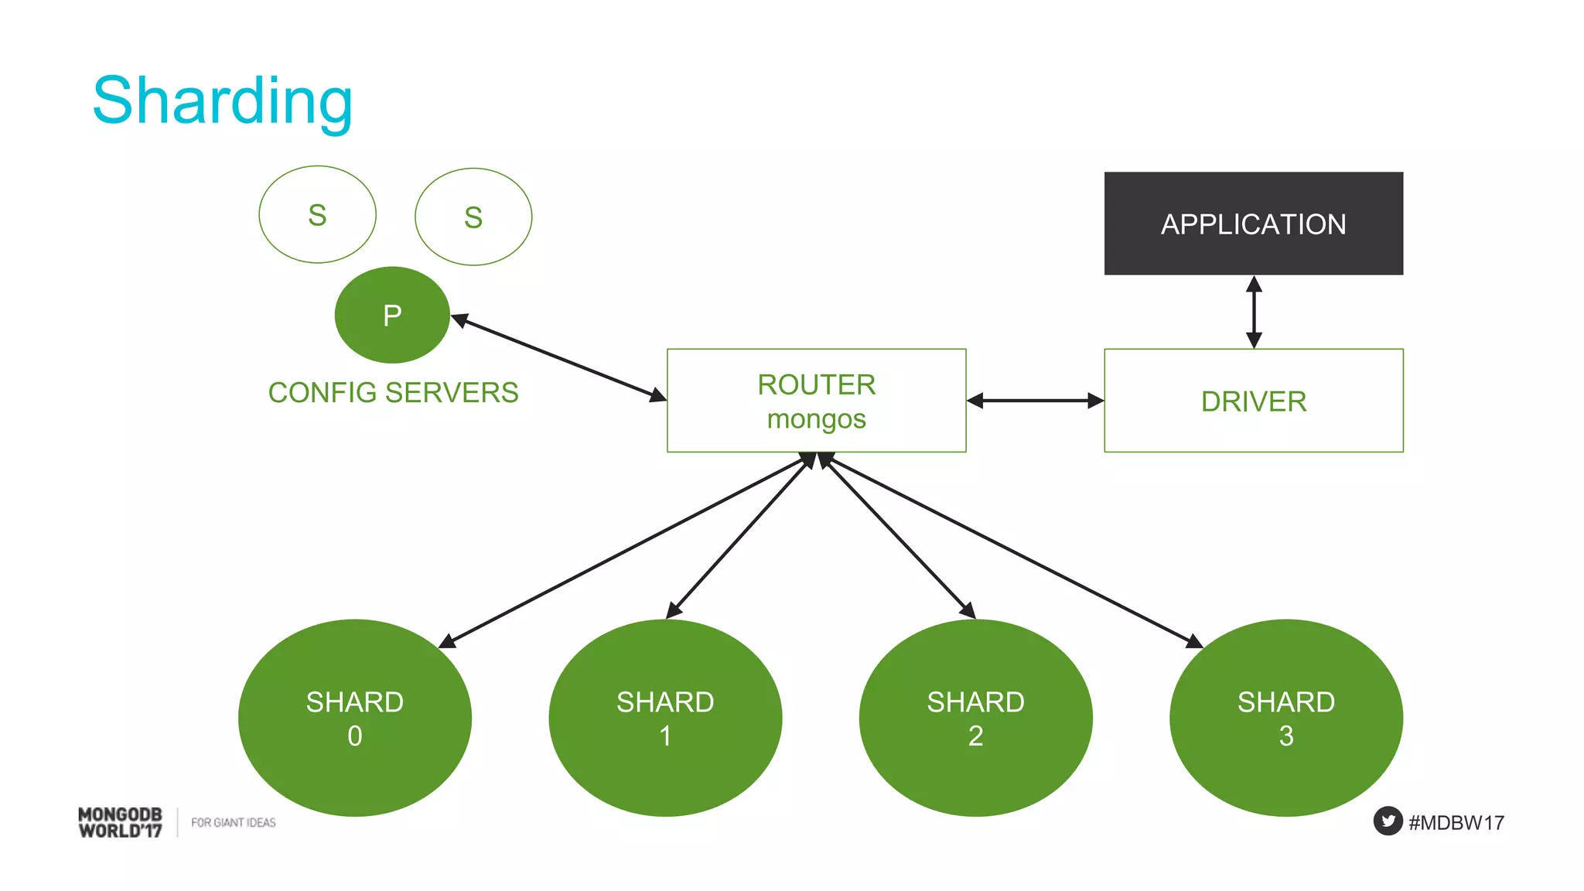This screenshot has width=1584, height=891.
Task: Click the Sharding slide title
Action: (223, 101)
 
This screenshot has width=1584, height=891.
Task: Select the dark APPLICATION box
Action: (1253, 224)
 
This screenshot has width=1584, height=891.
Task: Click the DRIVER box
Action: (1253, 401)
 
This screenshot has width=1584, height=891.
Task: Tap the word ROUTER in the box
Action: (816, 384)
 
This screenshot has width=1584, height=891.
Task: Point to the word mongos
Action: (816, 419)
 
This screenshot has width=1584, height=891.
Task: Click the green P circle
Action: (392, 315)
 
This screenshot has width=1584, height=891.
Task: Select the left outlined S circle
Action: (317, 215)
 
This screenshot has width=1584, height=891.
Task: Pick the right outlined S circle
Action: (473, 217)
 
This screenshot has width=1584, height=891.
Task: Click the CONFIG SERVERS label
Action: (393, 392)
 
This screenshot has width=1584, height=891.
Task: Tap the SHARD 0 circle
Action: (354, 718)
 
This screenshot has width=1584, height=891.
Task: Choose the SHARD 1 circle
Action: (665, 718)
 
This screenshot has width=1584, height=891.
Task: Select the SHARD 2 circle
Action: (975, 718)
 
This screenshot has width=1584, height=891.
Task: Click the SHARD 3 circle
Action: (1285, 718)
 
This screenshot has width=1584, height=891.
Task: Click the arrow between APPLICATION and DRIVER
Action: (1254, 312)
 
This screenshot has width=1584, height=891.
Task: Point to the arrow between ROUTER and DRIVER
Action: (1035, 401)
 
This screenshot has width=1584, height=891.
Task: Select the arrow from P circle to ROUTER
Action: (557, 357)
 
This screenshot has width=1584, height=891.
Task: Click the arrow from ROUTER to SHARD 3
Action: (1013, 551)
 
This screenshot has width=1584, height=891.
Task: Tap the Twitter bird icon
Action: (1388, 821)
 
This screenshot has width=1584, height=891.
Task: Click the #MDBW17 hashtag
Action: (1456, 822)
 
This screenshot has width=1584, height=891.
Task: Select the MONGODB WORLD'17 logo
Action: (120, 822)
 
